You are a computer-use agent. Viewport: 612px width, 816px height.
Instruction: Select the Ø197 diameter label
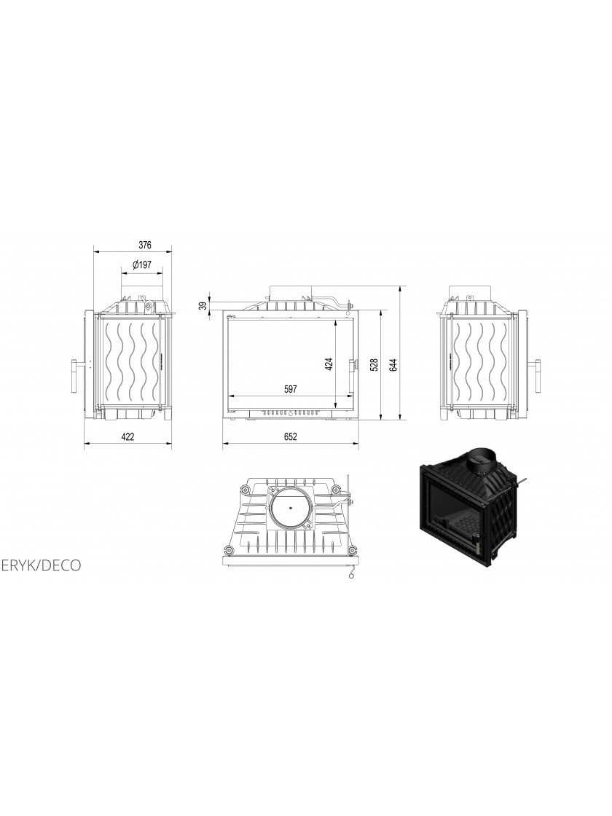[x=141, y=265]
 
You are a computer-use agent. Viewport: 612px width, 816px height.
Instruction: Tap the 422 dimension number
[x=127, y=436]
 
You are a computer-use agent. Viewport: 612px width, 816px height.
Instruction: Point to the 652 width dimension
[x=291, y=436]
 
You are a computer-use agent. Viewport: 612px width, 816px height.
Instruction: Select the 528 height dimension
[x=374, y=365]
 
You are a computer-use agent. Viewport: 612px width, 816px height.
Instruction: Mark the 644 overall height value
[x=393, y=365]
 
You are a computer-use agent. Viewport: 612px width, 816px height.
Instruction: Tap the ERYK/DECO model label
[x=41, y=565]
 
